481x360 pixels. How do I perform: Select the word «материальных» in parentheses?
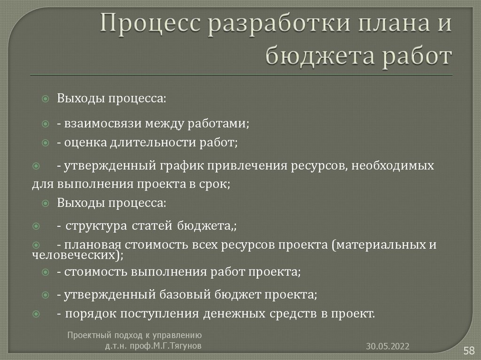pyautogui.click(x=379, y=245)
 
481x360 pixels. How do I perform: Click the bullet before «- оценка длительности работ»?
pyautogui.click(x=46, y=142)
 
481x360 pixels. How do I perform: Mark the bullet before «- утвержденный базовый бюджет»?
pyautogui.click(x=46, y=295)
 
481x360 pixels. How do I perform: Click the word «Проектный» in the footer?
pyautogui.click(x=86, y=335)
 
